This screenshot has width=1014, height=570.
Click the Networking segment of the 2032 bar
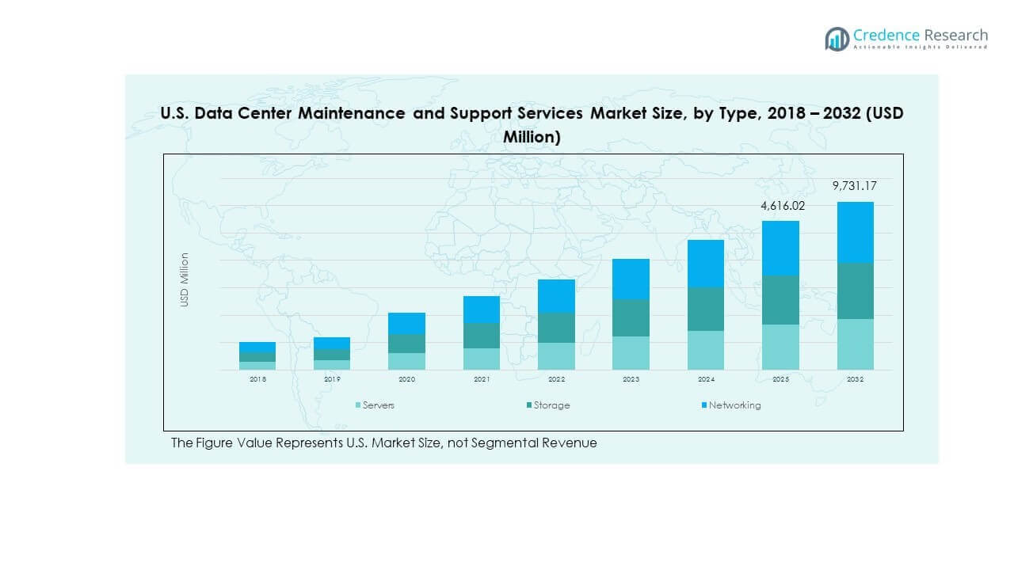point(855,232)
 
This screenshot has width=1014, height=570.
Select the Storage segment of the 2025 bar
point(780,300)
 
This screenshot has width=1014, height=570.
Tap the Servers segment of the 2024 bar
point(705,350)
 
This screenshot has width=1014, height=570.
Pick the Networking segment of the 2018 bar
point(257,347)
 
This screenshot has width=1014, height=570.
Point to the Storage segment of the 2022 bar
point(556,328)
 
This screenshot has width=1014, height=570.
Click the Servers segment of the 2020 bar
point(406,361)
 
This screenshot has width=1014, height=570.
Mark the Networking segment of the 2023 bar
point(631,279)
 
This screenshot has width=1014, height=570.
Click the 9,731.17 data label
point(855,186)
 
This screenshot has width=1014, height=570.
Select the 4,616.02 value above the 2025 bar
point(780,205)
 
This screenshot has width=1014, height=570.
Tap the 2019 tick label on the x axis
point(332,380)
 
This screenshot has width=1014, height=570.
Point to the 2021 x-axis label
point(482,380)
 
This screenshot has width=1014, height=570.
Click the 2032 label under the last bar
point(855,380)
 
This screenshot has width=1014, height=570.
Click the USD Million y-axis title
point(185,279)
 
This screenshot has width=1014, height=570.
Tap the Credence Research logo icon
point(837,39)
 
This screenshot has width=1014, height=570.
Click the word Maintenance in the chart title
point(353,113)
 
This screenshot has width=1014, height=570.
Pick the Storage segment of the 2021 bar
point(482,335)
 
